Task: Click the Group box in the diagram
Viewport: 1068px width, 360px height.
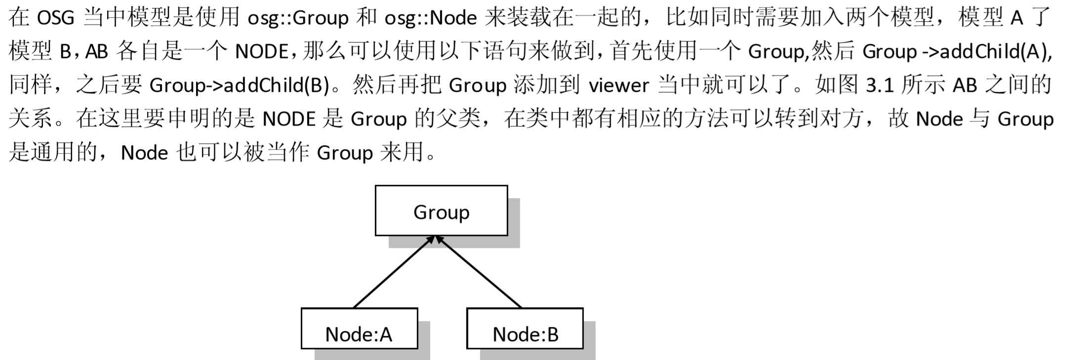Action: point(441,211)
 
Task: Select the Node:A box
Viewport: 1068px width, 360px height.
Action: point(359,328)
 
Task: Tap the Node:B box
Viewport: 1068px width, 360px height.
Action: point(525,328)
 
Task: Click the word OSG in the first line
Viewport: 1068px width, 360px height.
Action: point(56,18)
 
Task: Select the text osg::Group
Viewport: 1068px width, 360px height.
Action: point(298,18)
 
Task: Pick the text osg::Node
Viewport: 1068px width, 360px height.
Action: point(431,18)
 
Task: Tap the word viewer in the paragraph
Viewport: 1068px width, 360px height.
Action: point(618,85)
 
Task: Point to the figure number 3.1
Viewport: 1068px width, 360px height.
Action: point(880,85)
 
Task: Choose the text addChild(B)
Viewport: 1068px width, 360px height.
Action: point(277,85)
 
